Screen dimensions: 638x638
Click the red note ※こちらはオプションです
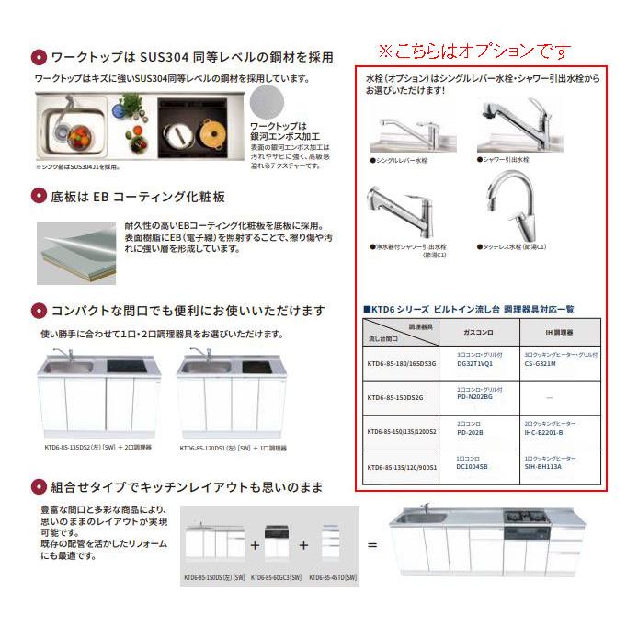[x=474, y=50]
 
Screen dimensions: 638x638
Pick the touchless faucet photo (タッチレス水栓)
[x=518, y=211]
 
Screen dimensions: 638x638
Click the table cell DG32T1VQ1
[x=476, y=363]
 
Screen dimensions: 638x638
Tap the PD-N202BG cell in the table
[x=476, y=396]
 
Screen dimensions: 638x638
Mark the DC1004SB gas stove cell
[x=476, y=466]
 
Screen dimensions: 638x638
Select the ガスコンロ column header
[x=476, y=328]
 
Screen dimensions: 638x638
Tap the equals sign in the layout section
[x=372, y=544]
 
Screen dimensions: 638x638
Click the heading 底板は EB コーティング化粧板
[x=137, y=197]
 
